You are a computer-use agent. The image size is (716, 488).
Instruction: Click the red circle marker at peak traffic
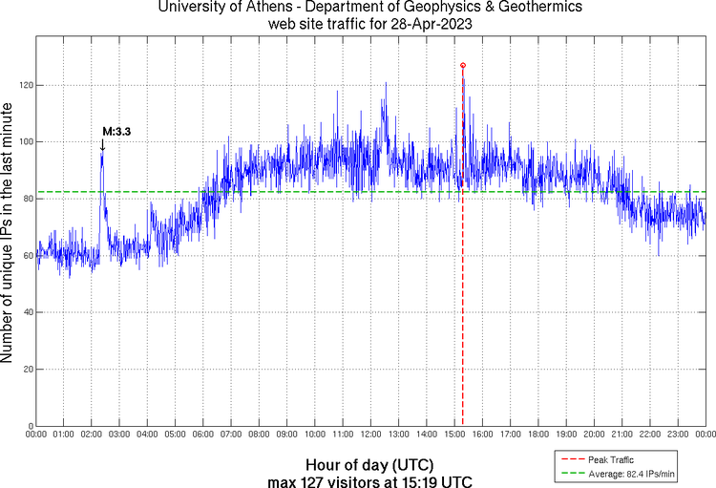(x=463, y=65)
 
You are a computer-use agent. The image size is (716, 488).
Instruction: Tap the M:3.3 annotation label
(x=116, y=131)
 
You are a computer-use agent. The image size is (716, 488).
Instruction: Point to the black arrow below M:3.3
(x=102, y=145)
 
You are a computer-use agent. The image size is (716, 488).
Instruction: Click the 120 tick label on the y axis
(x=24, y=86)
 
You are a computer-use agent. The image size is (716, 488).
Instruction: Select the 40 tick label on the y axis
(x=27, y=312)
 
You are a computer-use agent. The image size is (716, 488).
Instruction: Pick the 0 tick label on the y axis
(x=30, y=426)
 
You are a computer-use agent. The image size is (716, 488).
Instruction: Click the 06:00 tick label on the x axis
(x=203, y=435)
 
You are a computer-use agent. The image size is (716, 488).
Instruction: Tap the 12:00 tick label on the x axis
(x=370, y=435)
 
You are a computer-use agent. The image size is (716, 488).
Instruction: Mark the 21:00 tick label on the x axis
(x=621, y=435)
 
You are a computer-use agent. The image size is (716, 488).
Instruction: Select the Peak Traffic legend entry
(x=611, y=460)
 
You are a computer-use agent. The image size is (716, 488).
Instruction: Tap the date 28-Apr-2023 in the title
(x=426, y=23)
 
